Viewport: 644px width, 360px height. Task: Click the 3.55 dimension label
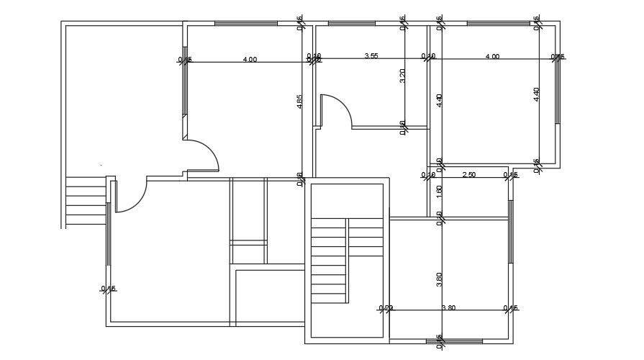click(371, 55)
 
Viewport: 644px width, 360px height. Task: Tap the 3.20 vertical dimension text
click(402, 76)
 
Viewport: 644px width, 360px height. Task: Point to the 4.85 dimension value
click(299, 102)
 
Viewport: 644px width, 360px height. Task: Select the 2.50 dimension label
click(468, 175)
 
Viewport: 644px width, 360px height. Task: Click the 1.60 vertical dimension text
click(439, 192)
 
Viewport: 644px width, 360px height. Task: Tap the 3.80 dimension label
click(448, 308)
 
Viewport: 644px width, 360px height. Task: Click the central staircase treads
click(330, 263)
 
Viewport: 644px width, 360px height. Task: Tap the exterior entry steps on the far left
click(85, 202)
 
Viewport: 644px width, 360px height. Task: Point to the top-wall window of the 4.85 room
click(245, 24)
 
